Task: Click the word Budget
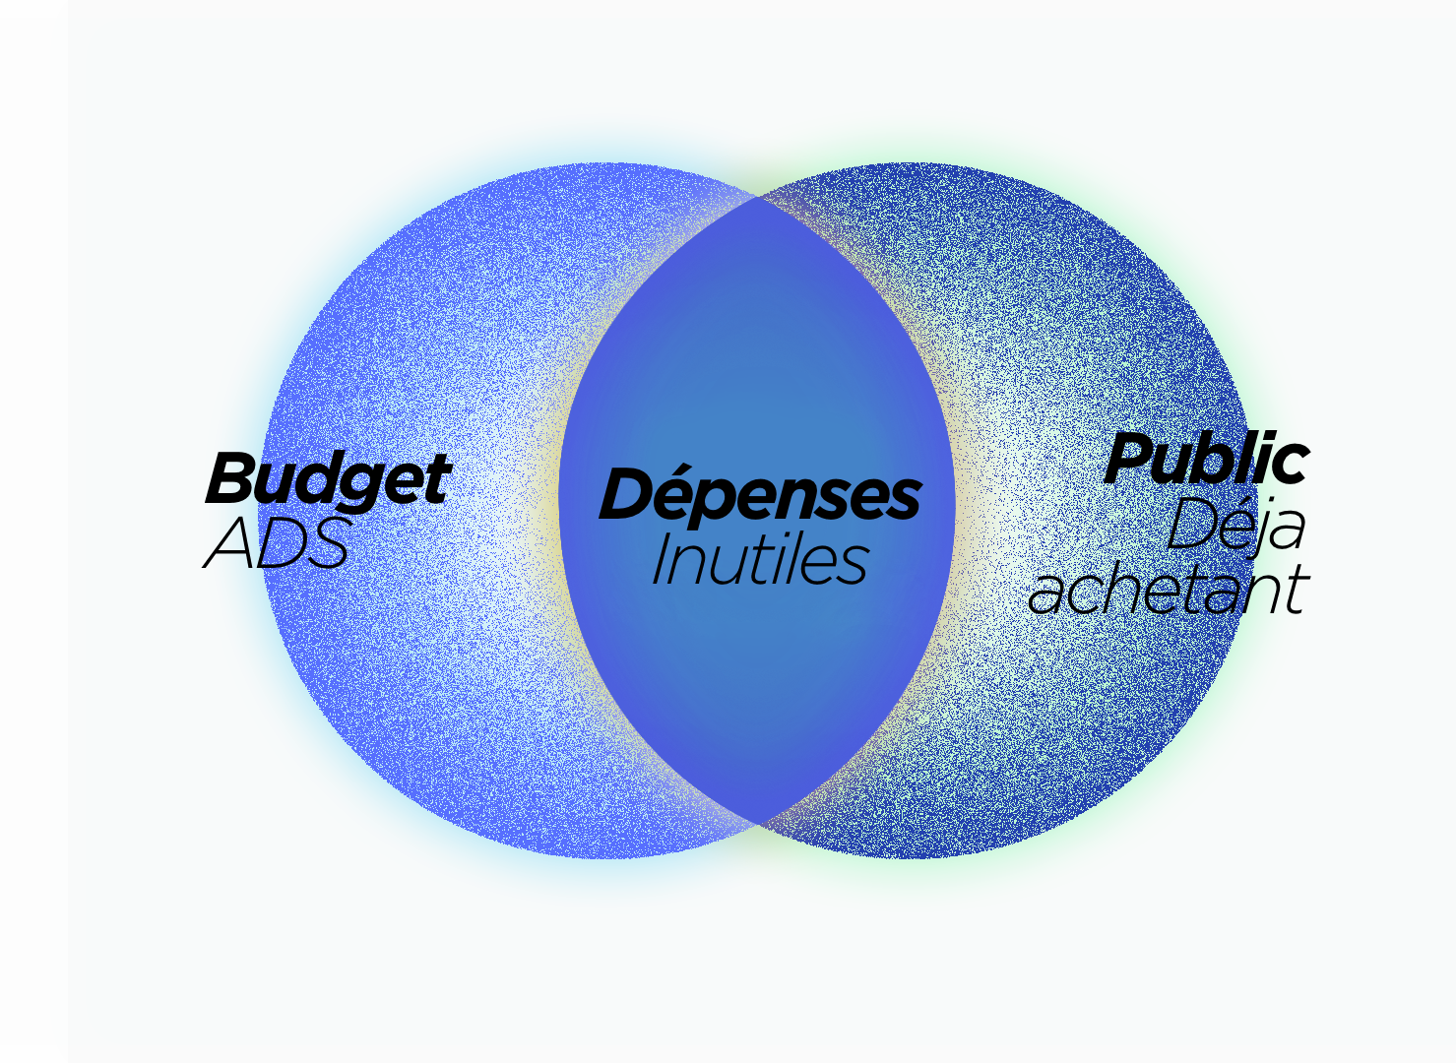click(x=328, y=479)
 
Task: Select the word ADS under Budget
click(x=279, y=543)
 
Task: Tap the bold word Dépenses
click(x=760, y=495)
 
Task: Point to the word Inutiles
click(x=759, y=560)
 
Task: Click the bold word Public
click(x=1207, y=459)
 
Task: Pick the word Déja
click(x=1236, y=525)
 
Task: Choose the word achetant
click(x=1168, y=591)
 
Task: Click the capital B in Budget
click(x=228, y=478)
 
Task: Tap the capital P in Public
click(x=1128, y=460)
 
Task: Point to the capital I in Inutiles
click(x=661, y=560)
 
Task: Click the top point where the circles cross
click(x=757, y=195)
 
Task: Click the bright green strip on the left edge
click(x=25, y=531)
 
